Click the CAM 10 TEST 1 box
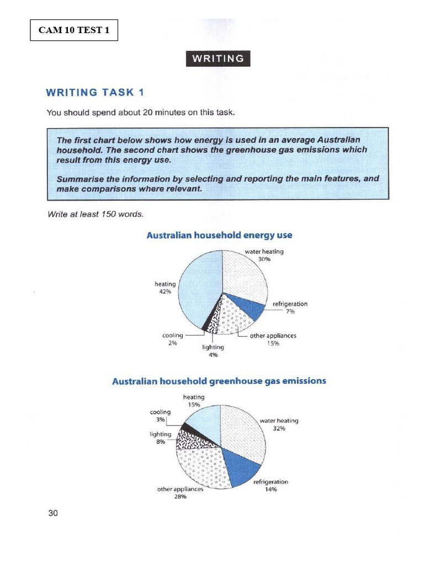(x=74, y=30)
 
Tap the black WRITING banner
(x=218, y=58)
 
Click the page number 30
(x=53, y=513)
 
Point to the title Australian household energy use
(x=219, y=235)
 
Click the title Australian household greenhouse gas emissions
(x=219, y=381)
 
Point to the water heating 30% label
(x=264, y=255)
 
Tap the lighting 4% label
(x=213, y=351)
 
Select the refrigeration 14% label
(x=271, y=486)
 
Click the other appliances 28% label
(x=181, y=493)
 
